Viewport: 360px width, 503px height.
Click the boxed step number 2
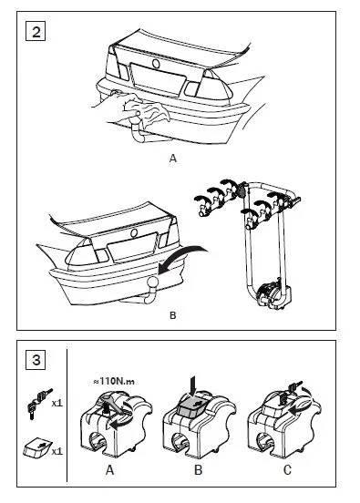tap(36, 31)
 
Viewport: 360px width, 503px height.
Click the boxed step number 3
tap(36, 360)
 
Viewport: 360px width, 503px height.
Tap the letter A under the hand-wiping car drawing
tap(173, 159)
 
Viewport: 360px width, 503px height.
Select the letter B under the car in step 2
tap(172, 315)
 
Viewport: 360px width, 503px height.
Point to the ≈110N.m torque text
tap(114, 381)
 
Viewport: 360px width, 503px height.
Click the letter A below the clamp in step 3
tap(109, 470)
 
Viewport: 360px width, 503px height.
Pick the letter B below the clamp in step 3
tap(199, 470)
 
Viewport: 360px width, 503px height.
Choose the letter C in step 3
tap(287, 470)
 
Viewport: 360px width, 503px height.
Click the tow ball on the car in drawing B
tap(152, 282)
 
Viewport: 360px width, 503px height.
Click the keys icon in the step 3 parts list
tap(39, 403)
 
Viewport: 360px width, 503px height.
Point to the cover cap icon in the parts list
tap(37, 447)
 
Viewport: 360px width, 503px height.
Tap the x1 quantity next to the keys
tap(57, 403)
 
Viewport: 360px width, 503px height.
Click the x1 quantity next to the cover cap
tap(57, 451)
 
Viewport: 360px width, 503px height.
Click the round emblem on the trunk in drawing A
tap(156, 64)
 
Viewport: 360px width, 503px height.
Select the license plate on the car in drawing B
tap(132, 246)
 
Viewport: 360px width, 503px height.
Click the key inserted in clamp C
tap(292, 390)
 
